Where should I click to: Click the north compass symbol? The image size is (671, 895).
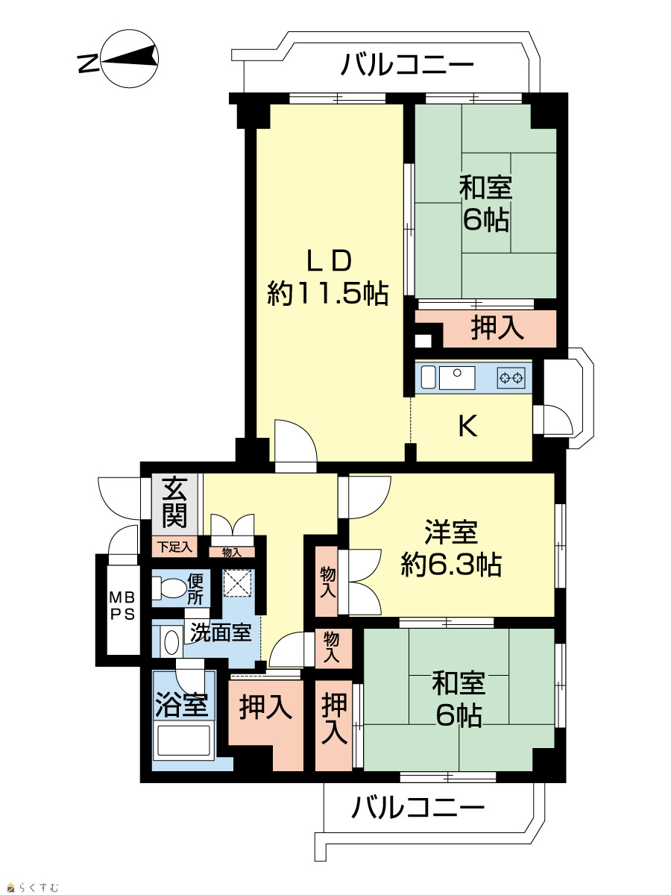pyautogui.click(x=130, y=59)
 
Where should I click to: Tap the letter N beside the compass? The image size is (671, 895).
pyautogui.click(x=88, y=64)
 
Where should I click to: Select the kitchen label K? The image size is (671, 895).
pyautogui.click(x=467, y=427)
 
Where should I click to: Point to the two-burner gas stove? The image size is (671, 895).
pyautogui.click(x=511, y=378)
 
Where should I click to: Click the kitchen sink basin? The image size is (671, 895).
pyautogui.click(x=457, y=377)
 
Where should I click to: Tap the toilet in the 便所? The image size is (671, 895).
pyautogui.click(x=168, y=588)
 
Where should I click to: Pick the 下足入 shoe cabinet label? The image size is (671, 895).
pyautogui.click(x=175, y=547)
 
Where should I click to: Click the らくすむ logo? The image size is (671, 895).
pyautogui.click(x=34, y=884)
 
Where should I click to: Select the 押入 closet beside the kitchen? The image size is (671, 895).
pyautogui.click(x=497, y=328)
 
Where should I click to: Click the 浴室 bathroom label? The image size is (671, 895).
pyautogui.click(x=182, y=706)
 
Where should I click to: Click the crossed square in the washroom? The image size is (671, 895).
pyautogui.click(x=237, y=582)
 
